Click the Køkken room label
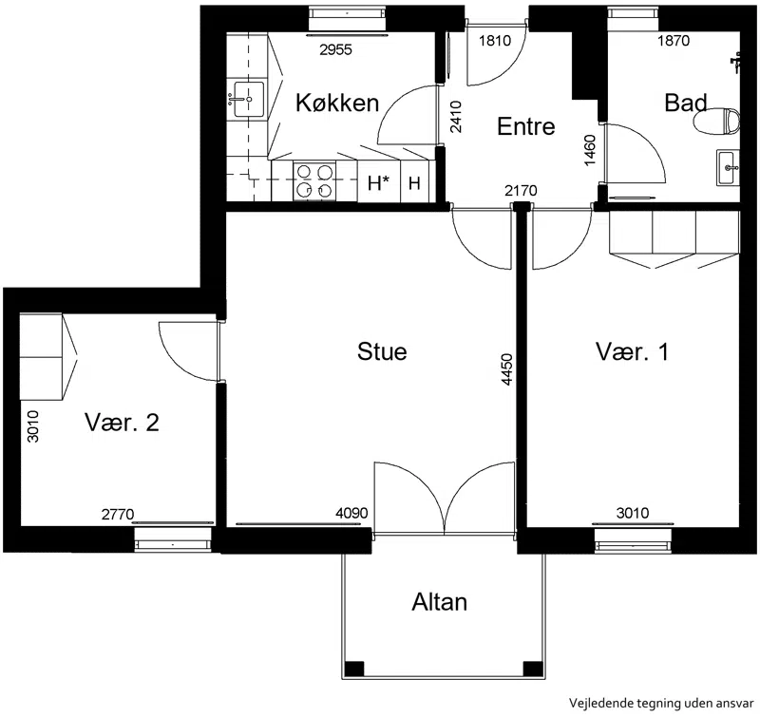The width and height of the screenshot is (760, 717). point(337,103)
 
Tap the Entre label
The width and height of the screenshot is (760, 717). point(526,126)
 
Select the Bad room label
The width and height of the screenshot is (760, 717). point(685,103)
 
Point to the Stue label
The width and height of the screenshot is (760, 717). point(382,351)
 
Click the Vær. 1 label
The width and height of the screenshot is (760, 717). point(632,351)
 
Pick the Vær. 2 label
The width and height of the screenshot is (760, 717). point(123,423)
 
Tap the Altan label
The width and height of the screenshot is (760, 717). point(440,602)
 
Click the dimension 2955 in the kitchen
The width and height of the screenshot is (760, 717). point(336,49)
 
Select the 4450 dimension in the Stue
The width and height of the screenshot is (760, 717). point(507,369)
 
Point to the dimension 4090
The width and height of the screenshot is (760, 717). point(351,513)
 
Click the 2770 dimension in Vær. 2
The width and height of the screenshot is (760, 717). point(117,514)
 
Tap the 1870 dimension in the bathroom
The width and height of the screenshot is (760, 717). point(674,40)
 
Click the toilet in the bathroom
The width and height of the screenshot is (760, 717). point(717,122)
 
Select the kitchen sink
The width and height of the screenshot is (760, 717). point(249,99)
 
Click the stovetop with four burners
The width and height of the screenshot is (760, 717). point(314,181)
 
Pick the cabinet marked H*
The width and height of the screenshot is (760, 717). point(379,181)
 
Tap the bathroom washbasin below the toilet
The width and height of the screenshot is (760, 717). point(728,168)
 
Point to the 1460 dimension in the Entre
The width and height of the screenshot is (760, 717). point(590,150)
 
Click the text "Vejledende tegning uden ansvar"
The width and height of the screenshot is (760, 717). point(661,703)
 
